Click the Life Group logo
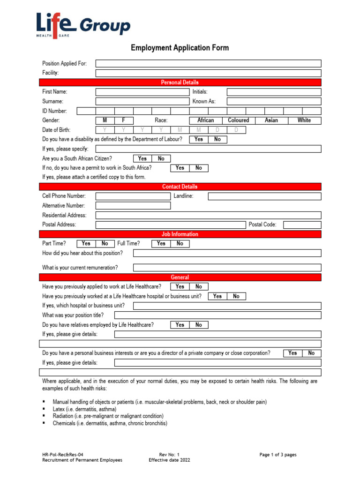tap(83, 25)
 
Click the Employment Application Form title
tap(180, 48)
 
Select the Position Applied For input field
tap(208, 63)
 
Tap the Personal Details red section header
tap(180, 82)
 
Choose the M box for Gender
tap(105, 120)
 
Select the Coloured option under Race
tap(238, 120)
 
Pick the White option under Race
tap(304, 120)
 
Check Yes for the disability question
tap(199, 139)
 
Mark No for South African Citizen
tap(161, 158)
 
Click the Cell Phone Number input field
tap(133, 196)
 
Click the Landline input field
tap(264, 196)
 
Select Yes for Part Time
tap(86, 244)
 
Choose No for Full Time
tap(180, 244)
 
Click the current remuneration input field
tap(227, 268)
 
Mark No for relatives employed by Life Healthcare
tap(199, 324)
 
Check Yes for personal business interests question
tap(292, 353)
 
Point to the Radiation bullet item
tap(108, 416)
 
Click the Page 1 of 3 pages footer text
tap(278, 455)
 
